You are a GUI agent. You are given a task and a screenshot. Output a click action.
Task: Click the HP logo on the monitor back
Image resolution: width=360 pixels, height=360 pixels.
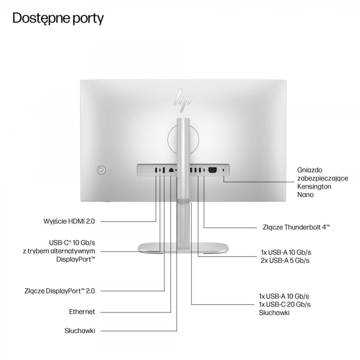[183, 101]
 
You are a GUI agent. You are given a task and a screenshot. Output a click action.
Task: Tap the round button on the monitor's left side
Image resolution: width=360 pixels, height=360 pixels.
[101, 170]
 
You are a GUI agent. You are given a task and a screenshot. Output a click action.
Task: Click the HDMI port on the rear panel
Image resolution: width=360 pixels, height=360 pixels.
[156, 170]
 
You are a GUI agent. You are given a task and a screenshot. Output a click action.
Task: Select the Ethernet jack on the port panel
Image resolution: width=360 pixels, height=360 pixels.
[171, 170]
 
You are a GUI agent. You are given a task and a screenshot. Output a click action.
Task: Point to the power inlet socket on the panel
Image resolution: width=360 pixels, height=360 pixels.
[212, 170]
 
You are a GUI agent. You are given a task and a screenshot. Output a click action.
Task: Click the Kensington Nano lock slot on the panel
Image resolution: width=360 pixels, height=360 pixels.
[224, 170]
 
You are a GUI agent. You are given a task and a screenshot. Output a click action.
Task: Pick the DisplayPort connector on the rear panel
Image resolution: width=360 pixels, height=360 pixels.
[164, 170]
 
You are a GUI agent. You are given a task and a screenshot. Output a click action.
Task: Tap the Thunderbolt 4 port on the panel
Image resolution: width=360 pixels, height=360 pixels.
[204, 170]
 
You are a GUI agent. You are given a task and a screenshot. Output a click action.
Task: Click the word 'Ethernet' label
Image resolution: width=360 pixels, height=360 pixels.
[82, 312]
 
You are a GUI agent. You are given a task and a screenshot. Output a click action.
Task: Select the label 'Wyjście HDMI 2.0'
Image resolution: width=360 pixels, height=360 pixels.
[69, 221]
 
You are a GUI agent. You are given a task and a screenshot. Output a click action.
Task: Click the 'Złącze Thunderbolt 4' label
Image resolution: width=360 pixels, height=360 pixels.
[296, 228]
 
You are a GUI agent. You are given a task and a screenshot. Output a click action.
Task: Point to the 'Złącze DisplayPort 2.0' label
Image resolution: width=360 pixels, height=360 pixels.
[60, 291]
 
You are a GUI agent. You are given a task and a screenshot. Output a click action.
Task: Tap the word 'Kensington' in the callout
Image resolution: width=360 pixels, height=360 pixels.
[314, 186]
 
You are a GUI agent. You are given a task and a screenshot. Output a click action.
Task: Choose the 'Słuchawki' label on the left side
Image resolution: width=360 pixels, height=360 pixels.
[80, 331]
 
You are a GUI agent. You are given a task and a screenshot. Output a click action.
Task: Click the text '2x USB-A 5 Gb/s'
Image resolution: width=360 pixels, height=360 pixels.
[285, 261]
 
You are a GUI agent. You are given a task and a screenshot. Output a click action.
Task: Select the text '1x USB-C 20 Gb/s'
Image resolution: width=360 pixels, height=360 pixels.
[285, 304]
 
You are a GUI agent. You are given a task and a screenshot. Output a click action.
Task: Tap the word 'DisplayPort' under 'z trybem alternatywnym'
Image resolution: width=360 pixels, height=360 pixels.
[75, 259]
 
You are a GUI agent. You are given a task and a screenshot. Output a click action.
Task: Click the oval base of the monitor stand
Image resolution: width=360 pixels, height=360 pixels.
[183, 249]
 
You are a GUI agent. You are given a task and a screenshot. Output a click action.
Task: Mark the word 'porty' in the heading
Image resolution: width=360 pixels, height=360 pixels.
[88, 19]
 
